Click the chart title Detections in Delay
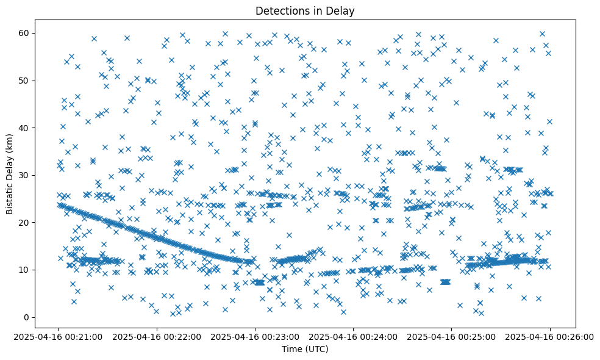pos(305,11)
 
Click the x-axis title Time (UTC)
pos(305,349)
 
